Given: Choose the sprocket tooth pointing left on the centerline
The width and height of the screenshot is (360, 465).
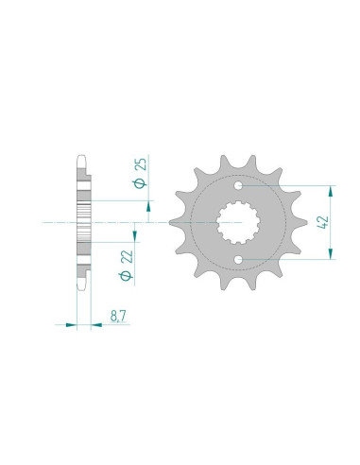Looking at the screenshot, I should pos(174,223).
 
